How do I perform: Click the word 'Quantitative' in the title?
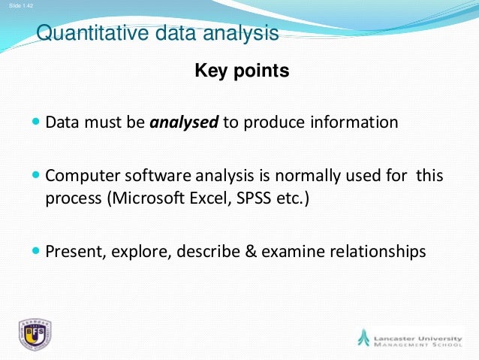85,34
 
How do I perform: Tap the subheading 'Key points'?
242,71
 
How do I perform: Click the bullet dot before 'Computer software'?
38,176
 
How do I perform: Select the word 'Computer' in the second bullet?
77,177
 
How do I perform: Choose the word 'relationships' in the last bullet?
380,251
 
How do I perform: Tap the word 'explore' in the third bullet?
140,251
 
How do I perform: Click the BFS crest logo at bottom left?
35,335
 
